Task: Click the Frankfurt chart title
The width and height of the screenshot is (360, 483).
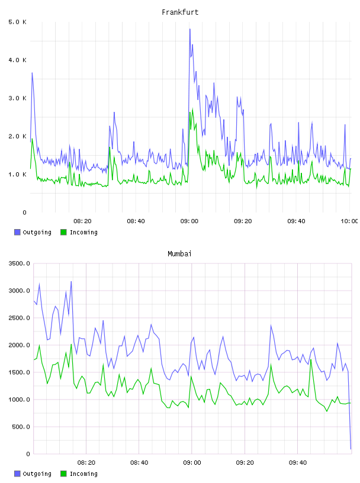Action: tap(180, 12)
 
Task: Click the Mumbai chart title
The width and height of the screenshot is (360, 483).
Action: tap(179, 254)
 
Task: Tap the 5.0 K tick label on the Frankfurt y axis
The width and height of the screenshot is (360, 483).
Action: tap(18, 22)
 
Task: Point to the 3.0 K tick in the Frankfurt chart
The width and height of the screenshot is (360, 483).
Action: tap(18, 98)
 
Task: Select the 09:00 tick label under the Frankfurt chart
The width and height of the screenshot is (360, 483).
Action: tap(189, 221)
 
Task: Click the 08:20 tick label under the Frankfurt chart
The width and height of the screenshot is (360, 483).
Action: tap(82, 221)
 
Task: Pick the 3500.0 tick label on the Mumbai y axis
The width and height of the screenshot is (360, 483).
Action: tap(20, 263)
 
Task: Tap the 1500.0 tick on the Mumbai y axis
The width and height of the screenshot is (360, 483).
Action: tap(20, 372)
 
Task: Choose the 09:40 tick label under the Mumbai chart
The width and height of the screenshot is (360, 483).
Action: tap(298, 462)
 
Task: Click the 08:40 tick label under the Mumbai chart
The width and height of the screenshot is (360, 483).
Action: tap(139, 462)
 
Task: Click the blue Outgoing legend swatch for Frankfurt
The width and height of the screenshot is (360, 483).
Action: tap(17, 232)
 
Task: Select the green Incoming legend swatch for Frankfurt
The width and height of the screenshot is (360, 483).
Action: tap(63, 232)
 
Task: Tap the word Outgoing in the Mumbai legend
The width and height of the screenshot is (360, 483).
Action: tap(37, 474)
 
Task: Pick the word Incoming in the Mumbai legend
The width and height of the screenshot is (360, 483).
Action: tap(83, 474)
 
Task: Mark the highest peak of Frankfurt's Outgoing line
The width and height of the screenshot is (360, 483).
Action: tap(190, 29)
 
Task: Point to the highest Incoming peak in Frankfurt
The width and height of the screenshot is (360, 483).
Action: tap(192, 108)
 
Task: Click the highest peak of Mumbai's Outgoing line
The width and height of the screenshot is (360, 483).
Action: tap(71, 281)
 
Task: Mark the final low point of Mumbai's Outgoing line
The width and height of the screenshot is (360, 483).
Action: tap(351, 449)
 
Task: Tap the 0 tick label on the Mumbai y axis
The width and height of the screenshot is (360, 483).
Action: tap(28, 454)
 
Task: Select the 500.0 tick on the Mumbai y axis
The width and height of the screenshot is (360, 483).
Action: tap(21, 427)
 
